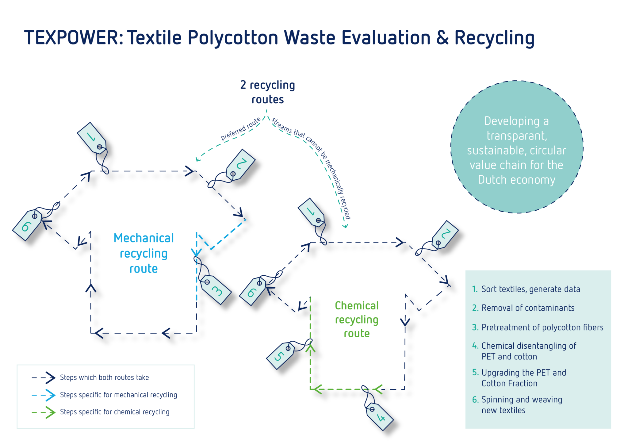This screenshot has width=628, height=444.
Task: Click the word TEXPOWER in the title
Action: pos(74,38)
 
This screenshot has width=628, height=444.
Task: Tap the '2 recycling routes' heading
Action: pos(267,92)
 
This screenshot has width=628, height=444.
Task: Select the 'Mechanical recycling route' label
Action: pos(144,253)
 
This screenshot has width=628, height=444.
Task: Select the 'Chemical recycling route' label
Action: pos(357,320)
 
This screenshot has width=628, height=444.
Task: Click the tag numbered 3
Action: pos(216,290)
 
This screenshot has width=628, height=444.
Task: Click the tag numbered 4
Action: pos(380,417)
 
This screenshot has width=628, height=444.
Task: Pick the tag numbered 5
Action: pos(280,355)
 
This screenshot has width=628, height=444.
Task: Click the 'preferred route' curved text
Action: pos(240,129)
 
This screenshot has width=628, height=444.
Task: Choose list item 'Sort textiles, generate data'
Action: pos(530,289)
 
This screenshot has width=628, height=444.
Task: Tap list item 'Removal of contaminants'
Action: pos(528,308)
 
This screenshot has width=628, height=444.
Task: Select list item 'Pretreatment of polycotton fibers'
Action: pos(542,327)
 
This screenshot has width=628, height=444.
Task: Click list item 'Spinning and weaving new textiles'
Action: pos(521,405)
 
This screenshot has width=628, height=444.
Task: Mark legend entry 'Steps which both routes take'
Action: pos(104,377)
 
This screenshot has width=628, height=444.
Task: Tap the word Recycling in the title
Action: pos(494,38)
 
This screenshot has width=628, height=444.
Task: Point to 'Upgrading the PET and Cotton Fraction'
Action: pos(523,378)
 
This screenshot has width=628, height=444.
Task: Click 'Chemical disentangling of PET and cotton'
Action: pos(528,351)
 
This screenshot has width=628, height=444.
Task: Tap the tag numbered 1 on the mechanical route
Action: pos(91,137)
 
